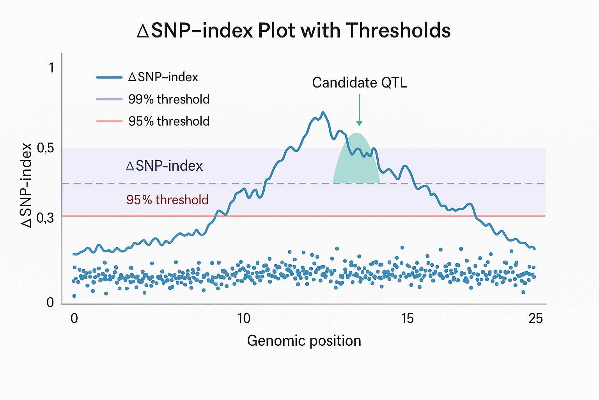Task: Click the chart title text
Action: point(294,30)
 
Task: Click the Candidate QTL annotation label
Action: point(359,83)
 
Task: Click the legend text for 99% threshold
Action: point(169,99)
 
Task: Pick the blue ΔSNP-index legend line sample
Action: point(110,77)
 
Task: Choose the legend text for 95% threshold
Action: point(169,121)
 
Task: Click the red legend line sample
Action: point(110,121)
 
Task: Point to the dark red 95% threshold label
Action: point(167,200)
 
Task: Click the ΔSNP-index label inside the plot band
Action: point(164,166)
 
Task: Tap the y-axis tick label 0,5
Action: point(45,148)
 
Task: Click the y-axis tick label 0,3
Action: point(45,218)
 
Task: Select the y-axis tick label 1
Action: point(51,68)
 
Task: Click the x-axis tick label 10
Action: point(244,319)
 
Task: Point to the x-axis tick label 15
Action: point(407,319)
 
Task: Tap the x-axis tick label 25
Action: point(535,319)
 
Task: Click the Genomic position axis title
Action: point(304,341)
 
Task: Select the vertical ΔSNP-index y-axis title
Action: point(27,185)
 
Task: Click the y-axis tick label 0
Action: point(50,302)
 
